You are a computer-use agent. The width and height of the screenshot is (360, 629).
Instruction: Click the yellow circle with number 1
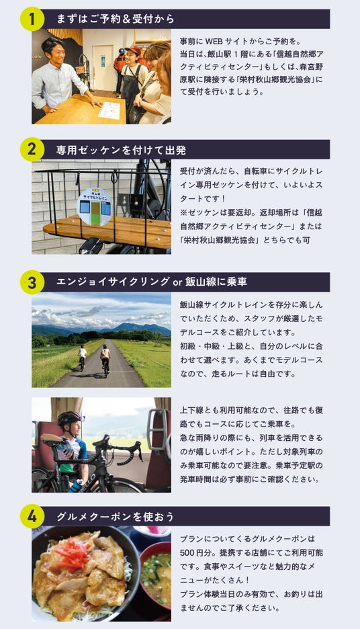point(32,19)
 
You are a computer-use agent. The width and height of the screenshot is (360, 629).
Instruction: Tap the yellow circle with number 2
point(32,150)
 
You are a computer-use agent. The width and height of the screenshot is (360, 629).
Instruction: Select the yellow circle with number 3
point(32,282)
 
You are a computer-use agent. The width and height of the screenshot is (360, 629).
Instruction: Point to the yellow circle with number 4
point(32,516)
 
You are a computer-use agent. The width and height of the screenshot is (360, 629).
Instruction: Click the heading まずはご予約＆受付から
point(116,19)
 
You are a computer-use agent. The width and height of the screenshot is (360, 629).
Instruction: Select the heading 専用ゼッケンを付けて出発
point(121,150)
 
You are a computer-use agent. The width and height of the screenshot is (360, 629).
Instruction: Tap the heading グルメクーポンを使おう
point(116,516)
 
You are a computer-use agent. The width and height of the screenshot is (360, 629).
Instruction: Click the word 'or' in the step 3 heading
point(177,282)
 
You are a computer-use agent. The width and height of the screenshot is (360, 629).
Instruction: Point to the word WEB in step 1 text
point(214,41)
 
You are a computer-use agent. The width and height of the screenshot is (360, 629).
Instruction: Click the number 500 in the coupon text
point(187,553)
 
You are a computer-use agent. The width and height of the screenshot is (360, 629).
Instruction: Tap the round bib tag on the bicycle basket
point(94,206)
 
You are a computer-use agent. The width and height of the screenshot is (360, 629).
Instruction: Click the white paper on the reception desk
point(109,110)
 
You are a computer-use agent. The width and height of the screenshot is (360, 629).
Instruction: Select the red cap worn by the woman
point(133,50)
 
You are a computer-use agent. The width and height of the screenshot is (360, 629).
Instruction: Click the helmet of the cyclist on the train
point(69,419)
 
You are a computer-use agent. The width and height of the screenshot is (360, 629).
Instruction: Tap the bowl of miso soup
point(156,575)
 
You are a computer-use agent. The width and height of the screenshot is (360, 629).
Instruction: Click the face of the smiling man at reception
point(56,53)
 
